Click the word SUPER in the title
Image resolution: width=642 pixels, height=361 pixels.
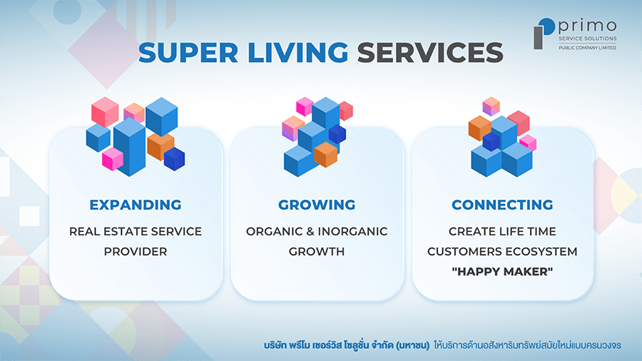pos(188,53)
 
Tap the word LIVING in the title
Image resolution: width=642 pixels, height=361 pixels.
pos(298,53)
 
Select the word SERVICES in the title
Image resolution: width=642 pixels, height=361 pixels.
pos(430,53)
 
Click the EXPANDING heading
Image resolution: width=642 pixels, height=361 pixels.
pos(136,205)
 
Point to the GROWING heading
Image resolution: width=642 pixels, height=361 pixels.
pos(317,205)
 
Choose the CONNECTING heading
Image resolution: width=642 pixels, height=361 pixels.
pos(502,205)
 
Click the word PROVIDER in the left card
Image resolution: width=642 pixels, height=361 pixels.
pos(136,251)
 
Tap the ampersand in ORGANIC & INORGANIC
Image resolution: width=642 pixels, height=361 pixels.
pos(310,231)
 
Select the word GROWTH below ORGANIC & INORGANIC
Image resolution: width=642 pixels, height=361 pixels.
pos(317,251)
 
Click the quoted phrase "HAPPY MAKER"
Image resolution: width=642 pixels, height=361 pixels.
pos(502,271)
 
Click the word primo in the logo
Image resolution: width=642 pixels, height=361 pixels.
pos(588,26)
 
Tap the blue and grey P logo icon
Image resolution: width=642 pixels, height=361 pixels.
pos(544,34)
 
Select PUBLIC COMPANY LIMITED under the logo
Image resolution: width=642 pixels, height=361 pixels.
pos(588,48)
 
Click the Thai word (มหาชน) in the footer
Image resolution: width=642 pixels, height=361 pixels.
pos(413,345)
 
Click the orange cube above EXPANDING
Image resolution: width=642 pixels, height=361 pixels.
pos(160,146)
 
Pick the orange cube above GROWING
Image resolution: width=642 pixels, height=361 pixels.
pos(326,154)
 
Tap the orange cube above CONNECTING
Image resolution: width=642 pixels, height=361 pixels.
pos(479,128)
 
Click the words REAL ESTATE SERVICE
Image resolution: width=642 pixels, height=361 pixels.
pos(136,231)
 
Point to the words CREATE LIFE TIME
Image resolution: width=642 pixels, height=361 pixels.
pos(502,231)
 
